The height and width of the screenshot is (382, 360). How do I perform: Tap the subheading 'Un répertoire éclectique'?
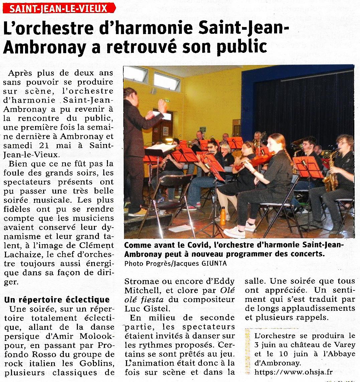(x=57, y=299)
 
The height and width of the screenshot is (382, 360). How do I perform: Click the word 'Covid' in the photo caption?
(x=195, y=246)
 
